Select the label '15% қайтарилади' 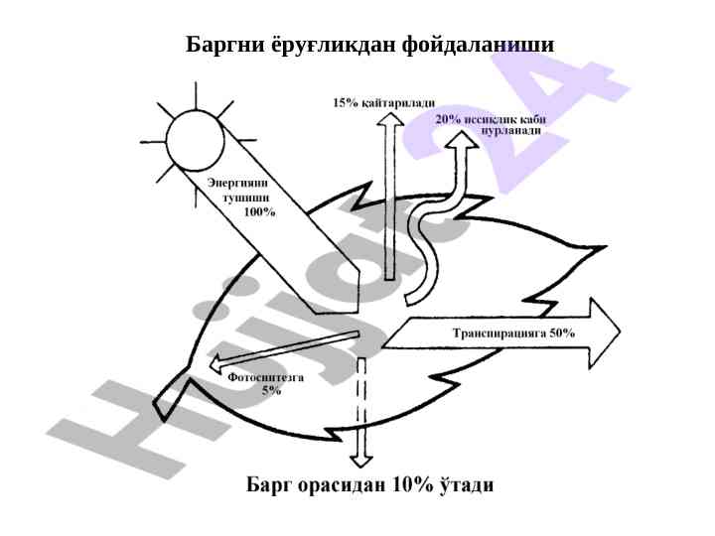(x=383, y=103)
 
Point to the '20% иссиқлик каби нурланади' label (x=490, y=125)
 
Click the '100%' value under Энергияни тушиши (x=259, y=212)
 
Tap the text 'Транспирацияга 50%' (x=512, y=334)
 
